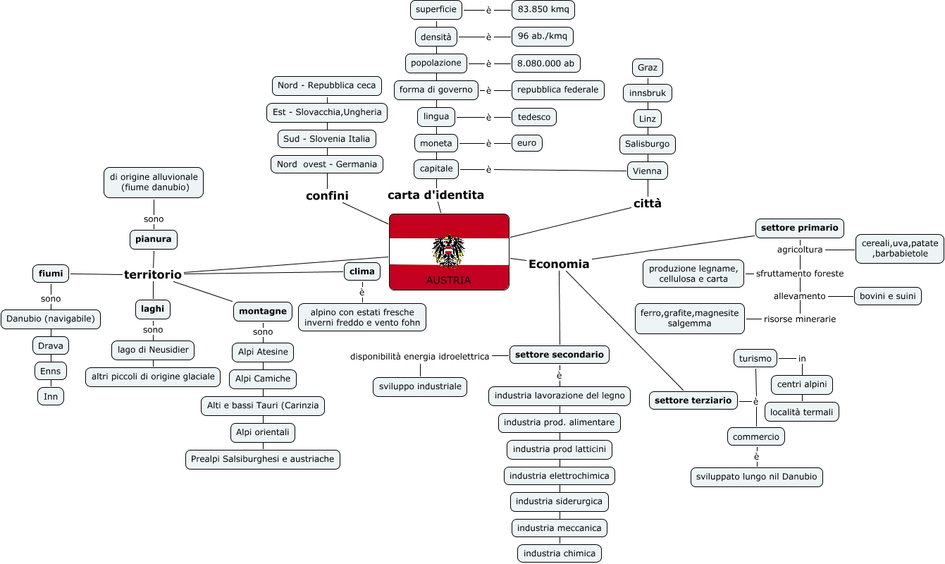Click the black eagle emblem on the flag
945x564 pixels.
(448, 251)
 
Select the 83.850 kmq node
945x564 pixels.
(543, 10)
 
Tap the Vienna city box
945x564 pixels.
(647, 171)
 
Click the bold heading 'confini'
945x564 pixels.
(327, 195)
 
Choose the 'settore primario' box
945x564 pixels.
(799, 228)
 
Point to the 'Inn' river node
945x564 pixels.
(51, 396)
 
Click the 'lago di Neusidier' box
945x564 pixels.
(153, 350)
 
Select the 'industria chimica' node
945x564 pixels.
(559, 553)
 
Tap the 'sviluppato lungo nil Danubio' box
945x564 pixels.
(756, 477)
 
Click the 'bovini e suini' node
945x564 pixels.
(888, 296)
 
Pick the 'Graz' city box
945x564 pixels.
(647, 68)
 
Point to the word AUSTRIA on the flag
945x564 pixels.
(448, 281)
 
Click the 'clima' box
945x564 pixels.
(362, 271)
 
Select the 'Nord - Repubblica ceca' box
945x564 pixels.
(326, 86)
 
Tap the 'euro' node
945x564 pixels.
(526, 143)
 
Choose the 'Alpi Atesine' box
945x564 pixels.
(263, 352)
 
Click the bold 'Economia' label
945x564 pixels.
(559, 264)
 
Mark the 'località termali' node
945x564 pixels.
(801, 412)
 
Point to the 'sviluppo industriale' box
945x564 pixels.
(420, 387)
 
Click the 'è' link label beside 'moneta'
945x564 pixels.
(488, 144)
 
